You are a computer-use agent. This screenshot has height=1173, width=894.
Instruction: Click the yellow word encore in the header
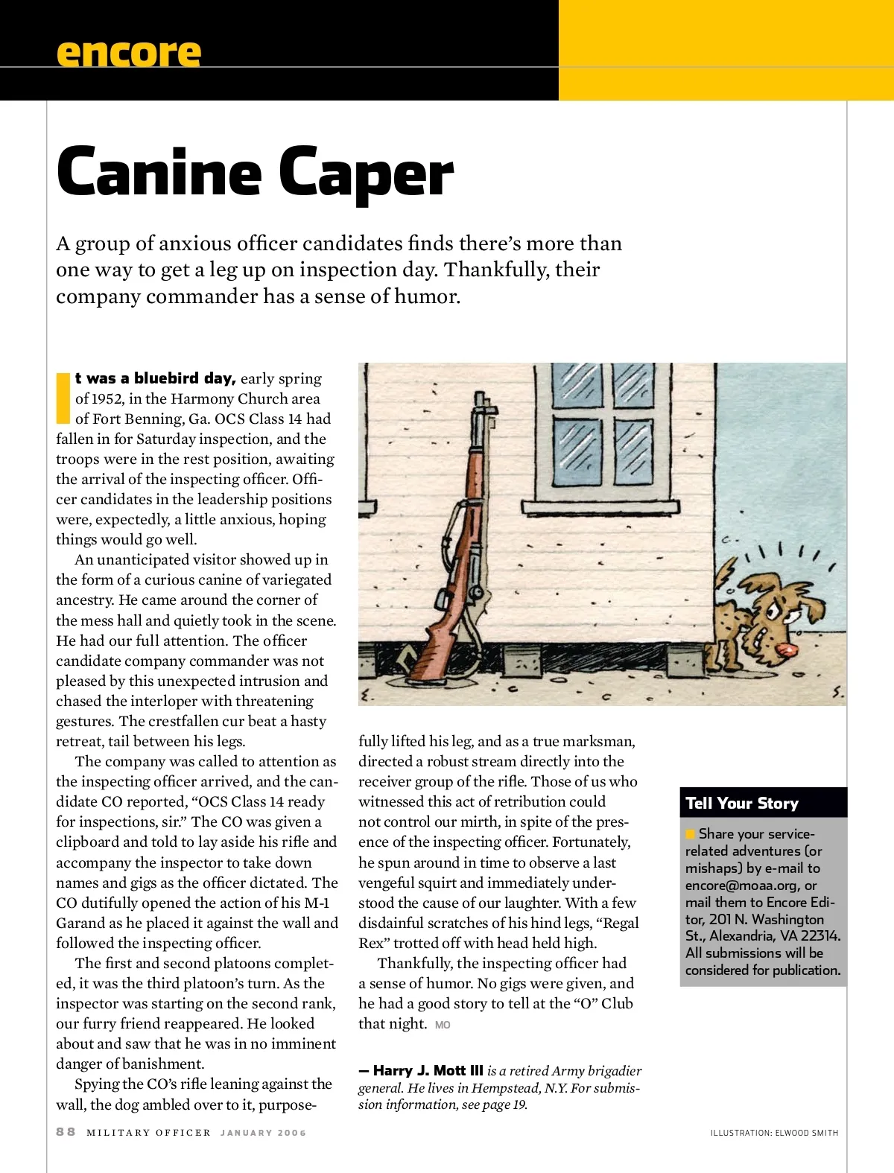coord(128,53)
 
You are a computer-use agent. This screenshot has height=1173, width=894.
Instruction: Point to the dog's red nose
coord(784,653)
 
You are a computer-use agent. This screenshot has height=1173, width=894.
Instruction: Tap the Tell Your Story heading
coord(741,803)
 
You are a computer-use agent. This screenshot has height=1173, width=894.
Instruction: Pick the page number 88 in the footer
coord(66,1132)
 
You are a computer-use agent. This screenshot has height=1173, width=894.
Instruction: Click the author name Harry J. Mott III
coord(428,1070)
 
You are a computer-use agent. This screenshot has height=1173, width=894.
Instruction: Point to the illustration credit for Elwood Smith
coord(774,1133)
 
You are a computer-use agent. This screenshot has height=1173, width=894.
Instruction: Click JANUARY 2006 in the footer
coord(263,1133)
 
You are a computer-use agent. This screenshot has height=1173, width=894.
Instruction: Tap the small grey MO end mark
coord(443,1026)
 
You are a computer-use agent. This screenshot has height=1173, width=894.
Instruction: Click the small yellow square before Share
coord(691,834)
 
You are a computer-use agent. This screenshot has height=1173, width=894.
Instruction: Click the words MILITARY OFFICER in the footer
coord(148,1133)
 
